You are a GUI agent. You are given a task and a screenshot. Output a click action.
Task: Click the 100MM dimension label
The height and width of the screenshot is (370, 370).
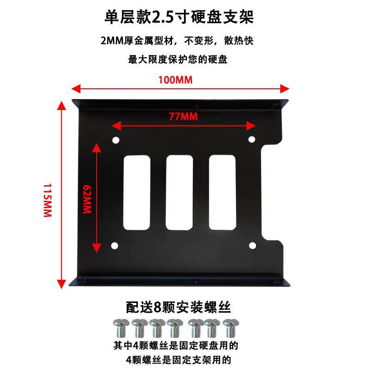click(x=175, y=79)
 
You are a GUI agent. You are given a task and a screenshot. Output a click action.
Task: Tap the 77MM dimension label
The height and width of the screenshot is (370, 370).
click(x=183, y=117)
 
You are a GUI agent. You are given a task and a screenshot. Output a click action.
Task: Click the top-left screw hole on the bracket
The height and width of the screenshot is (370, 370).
click(x=116, y=140)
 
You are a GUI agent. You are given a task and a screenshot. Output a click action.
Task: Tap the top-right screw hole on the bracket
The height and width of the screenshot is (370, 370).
click(x=252, y=139)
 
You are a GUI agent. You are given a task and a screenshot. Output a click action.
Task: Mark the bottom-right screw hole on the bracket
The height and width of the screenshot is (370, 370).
click(x=252, y=246)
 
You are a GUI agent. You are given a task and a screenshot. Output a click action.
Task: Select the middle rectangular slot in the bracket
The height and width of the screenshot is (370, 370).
click(x=179, y=193)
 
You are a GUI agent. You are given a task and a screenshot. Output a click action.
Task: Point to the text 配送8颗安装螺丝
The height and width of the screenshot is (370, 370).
click(x=179, y=307)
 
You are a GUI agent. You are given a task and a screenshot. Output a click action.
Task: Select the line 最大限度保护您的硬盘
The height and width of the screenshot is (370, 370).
click(x=178, y=60)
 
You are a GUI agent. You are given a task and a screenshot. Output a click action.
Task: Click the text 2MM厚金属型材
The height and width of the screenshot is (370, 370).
click(x=139, y=41)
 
